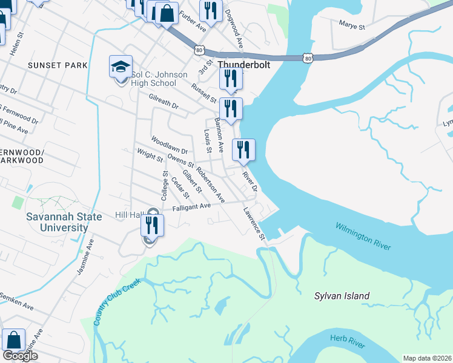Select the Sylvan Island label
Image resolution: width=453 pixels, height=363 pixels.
tap(342, 296)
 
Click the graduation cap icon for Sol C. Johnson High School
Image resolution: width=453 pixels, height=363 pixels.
tap(121, 67)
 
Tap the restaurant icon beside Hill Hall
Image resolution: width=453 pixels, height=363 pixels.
tap(152, 226)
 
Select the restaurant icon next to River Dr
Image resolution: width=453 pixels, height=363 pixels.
tap(243, 149)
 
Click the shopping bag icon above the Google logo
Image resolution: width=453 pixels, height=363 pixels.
tap(13, 340)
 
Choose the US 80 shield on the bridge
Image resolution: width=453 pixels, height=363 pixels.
tap(308, 57)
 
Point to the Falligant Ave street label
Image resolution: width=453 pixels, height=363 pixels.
tap(191, 206)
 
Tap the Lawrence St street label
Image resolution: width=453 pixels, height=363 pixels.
tap(254, 223)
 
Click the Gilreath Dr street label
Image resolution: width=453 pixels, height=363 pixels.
tap(164, 100)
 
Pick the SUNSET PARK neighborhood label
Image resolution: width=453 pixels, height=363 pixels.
tap(58, 65)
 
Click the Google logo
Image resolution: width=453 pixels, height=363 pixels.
tap(20, 356)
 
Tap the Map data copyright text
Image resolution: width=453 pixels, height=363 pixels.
tap(427, 358)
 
